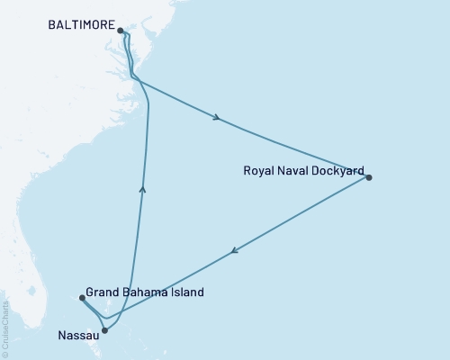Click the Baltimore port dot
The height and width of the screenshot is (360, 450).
coord(121,30)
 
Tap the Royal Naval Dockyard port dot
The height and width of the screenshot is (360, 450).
coord(369,177)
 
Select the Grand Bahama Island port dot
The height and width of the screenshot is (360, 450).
coord(82,298)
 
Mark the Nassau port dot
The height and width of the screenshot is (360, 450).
coord(105,330)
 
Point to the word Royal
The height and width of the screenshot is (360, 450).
coord(259,169)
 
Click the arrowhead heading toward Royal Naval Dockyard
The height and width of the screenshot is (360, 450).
coord(217,117)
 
